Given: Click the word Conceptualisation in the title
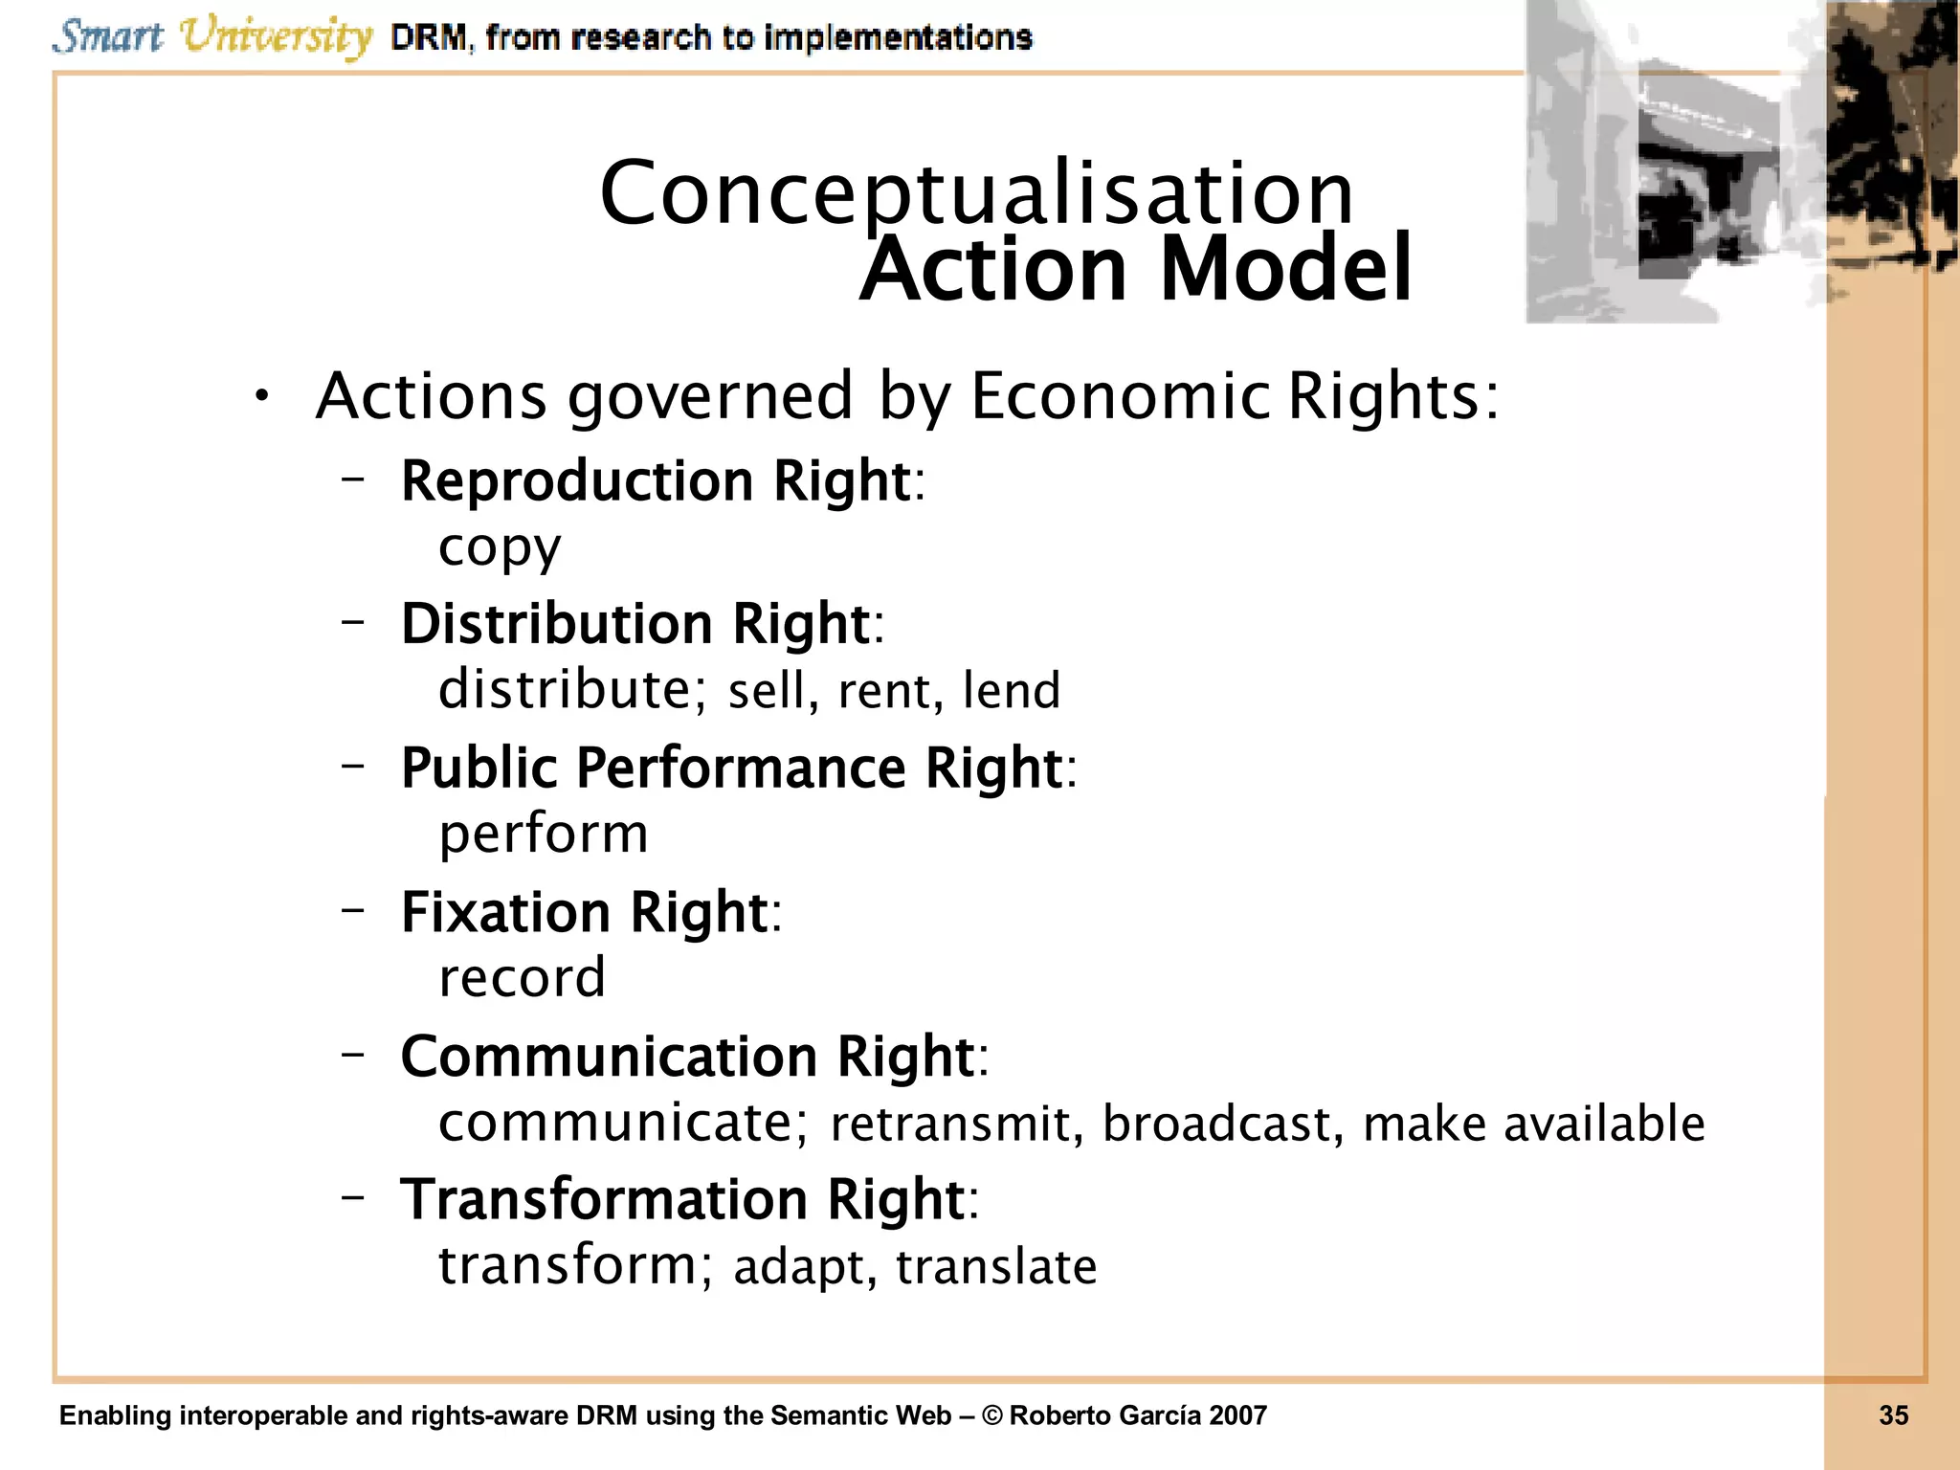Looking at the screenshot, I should click(976, 194).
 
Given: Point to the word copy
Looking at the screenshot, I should click(500, 548).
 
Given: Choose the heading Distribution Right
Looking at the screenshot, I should click(635, 623).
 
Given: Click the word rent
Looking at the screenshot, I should click(882, 690).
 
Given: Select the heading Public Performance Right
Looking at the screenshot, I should click(732, 768).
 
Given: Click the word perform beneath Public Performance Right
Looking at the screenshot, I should click(544, 835).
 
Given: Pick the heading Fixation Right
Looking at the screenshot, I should click(585, 911).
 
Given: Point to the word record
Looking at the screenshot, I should click(522, 978).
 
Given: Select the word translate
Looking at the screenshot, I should click(995, 1266).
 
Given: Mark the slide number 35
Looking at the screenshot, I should click(1893, 1415).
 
